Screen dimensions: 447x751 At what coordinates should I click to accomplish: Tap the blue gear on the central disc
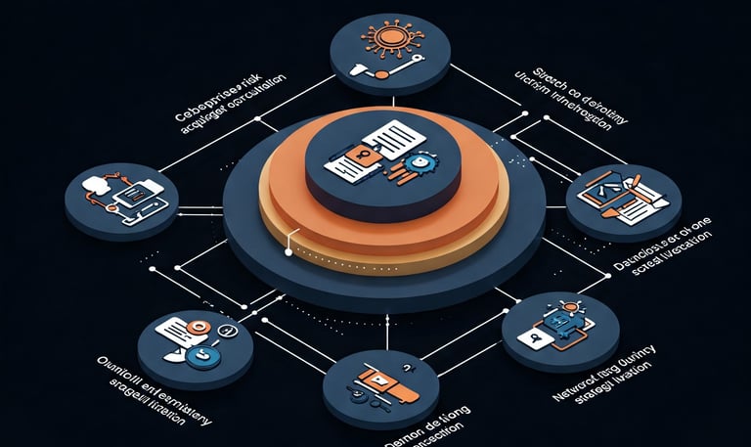click(418, 165)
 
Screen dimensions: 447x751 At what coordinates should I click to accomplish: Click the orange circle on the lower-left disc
click(200, 326)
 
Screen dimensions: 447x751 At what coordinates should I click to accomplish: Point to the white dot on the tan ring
click(287, 252)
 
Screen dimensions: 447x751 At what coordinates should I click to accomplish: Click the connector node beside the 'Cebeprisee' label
click(257, 119)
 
